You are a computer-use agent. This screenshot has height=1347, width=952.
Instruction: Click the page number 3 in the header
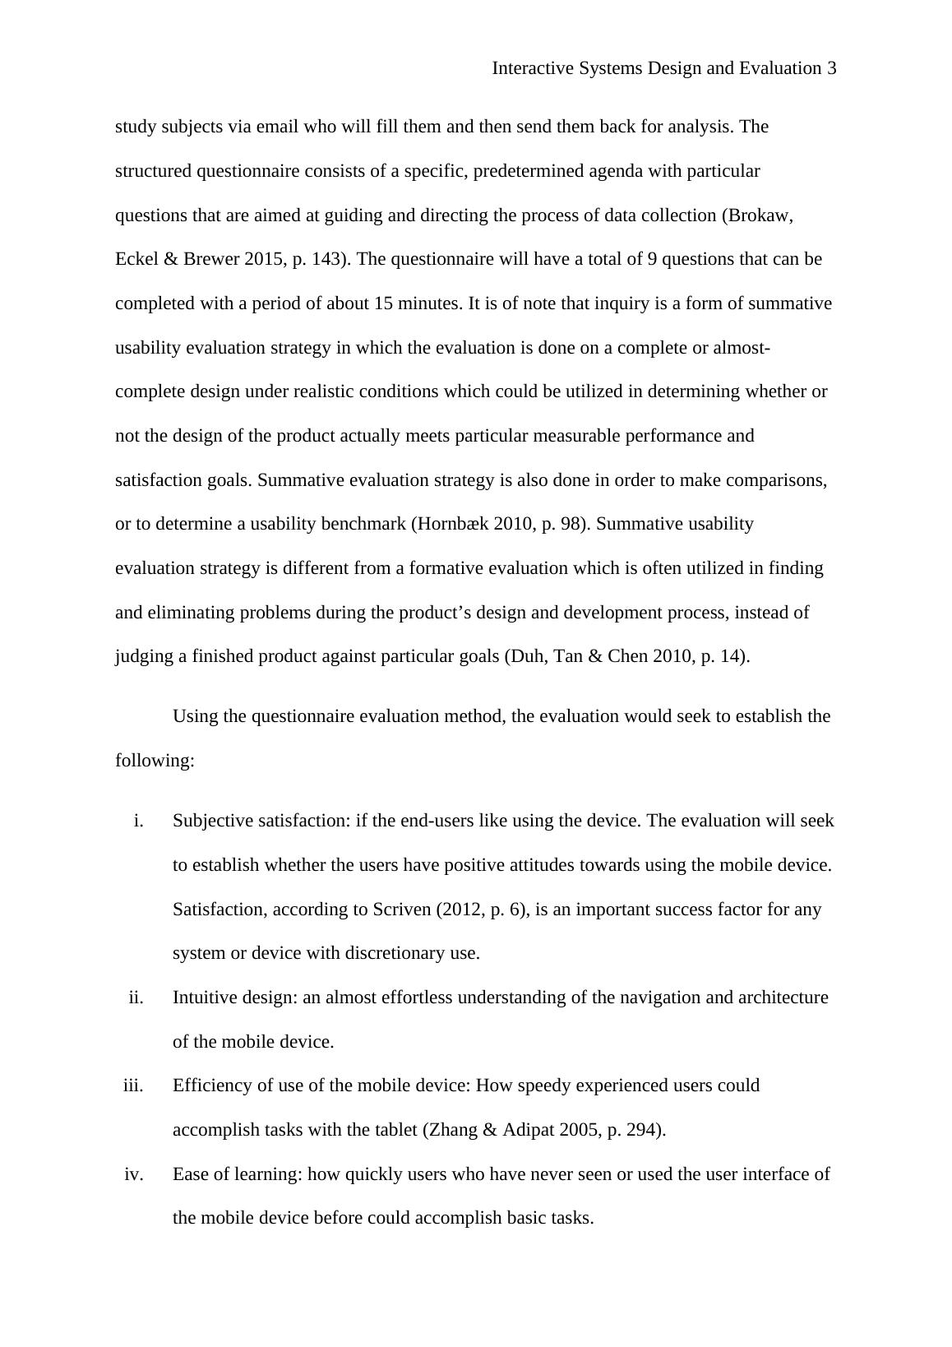832,68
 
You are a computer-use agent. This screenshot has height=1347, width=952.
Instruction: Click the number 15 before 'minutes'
383,303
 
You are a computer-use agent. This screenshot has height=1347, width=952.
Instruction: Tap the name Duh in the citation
525,656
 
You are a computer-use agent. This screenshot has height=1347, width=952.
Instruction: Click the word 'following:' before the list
155,761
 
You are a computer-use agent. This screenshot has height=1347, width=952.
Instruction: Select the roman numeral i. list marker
138,821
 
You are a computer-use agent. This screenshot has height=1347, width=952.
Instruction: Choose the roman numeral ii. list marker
136,998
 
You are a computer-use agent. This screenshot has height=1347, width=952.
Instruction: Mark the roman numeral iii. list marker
133,1085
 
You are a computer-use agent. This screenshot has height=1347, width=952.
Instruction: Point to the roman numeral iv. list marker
134,1174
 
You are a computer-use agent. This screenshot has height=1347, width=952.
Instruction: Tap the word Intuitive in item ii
202,998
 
